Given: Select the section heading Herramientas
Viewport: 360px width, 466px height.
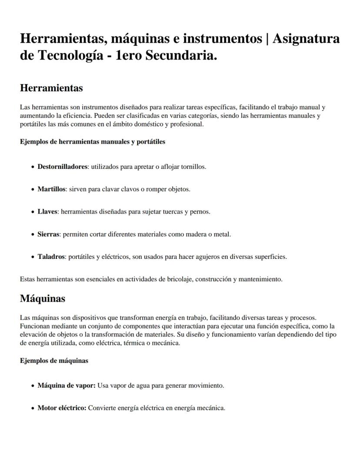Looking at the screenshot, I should click(51, 88).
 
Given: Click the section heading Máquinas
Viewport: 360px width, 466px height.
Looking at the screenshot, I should click(43, 298).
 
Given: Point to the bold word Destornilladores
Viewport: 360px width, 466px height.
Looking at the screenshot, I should click(63, 167).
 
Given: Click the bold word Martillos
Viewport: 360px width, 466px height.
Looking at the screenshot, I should click(51, 189).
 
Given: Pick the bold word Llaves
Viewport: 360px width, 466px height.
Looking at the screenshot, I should click(47, 212).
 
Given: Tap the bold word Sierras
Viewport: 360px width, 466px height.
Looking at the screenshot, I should click(48, 234).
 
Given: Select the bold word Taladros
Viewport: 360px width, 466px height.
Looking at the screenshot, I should click(51, 257).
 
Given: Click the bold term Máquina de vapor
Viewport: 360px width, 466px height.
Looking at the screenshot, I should click(66, 386).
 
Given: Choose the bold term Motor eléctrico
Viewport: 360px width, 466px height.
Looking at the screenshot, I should click(62, 408).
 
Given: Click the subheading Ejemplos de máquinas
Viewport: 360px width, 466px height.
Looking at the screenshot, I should click(54, 361).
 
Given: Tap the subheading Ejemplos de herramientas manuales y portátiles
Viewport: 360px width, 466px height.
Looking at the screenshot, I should click(92, 141).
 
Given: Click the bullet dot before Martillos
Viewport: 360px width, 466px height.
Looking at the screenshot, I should click(33, 190).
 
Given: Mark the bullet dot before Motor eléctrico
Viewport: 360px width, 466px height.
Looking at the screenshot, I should click(33, 409).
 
